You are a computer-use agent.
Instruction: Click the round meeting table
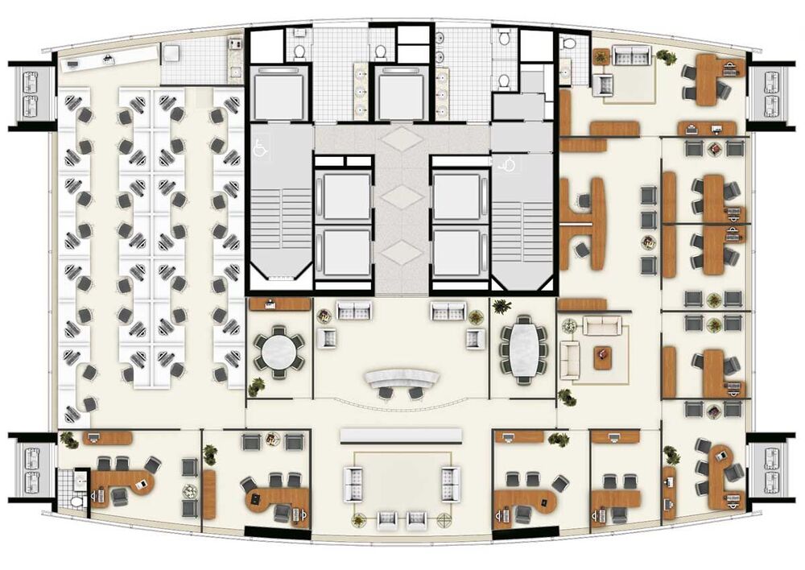click(x=279, y=351)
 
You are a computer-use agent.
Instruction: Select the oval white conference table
click(x=524, y=348)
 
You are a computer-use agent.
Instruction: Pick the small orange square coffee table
click(x=603, y=357)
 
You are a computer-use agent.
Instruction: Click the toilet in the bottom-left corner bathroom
click(x=76, y=500)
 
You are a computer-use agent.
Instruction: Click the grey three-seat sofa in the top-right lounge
click(x=632, y=56)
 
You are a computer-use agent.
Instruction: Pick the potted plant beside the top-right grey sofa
click(x=666, y=57)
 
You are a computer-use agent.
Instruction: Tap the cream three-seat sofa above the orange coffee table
click(x=602, y=326)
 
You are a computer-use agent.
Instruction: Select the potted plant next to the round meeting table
click(x=257, y=386)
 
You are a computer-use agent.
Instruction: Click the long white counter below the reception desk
click(x=402, y=435)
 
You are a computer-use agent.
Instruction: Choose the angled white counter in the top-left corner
click(x=105, y=58)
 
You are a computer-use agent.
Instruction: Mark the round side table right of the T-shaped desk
click(x=649, y=242)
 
